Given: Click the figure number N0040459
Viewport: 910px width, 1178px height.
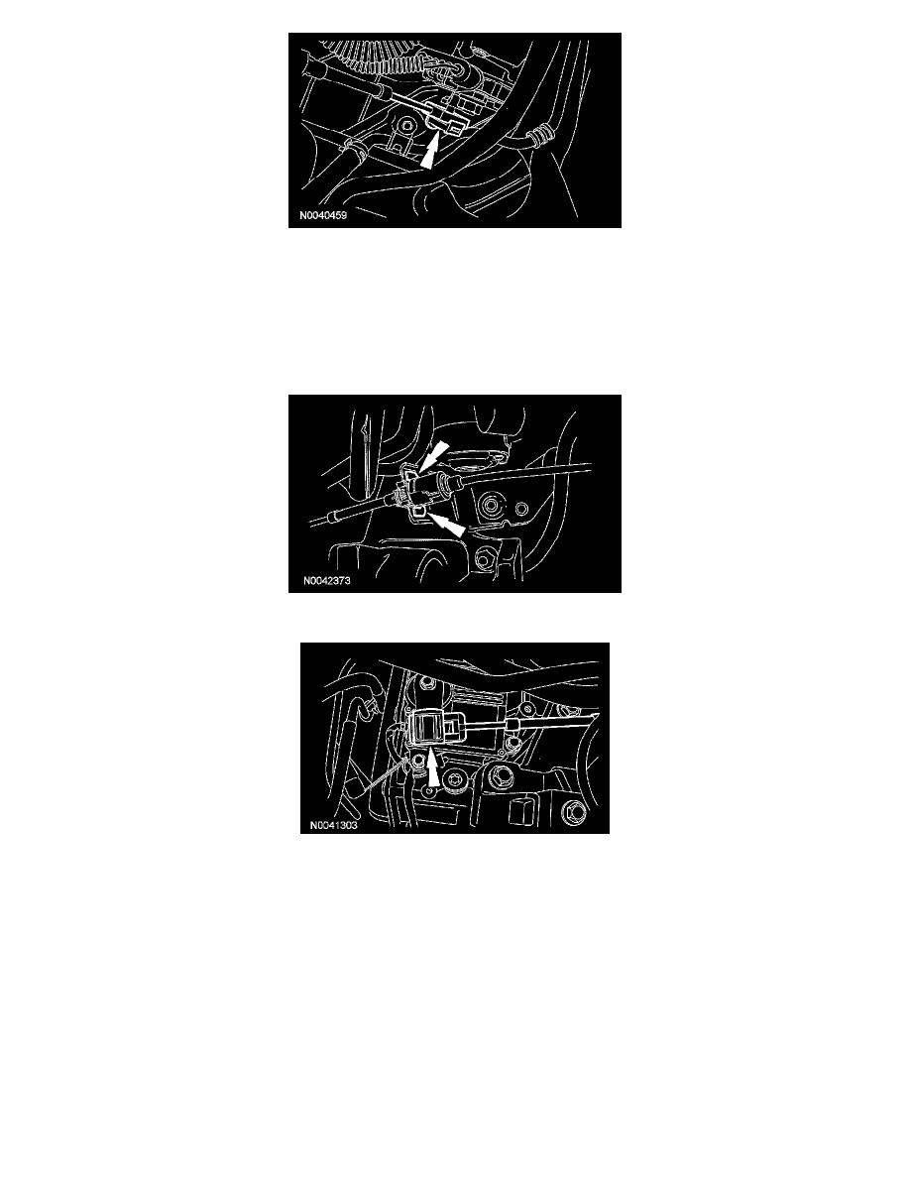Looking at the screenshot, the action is point(323,215).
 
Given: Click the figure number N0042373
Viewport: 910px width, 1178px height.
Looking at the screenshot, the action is point(326,581).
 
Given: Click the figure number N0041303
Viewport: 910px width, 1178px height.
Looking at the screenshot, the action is point(333,826).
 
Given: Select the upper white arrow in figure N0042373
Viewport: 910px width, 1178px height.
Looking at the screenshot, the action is point(434,456).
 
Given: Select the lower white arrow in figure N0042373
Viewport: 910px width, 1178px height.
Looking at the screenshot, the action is point(446,524).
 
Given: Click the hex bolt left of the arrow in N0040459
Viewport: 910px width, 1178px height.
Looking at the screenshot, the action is point(407,124).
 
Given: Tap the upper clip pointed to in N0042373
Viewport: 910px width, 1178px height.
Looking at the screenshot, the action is point(409,473).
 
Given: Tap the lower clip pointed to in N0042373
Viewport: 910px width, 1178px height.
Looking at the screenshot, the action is point(417,512).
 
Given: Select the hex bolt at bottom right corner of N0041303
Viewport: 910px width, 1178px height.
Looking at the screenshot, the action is point(572,812).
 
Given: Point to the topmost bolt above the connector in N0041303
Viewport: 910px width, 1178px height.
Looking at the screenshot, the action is point(427,683).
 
